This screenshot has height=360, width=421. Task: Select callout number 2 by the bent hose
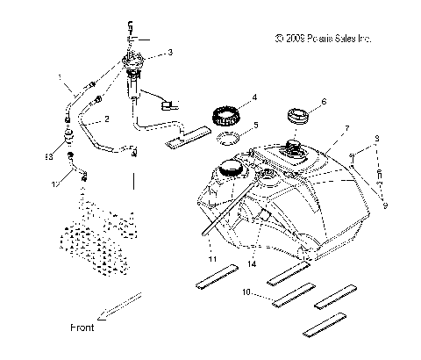(x=106, y=118)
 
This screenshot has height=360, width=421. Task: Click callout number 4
(x=254, y=96)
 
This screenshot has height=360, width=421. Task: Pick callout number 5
(x=255, y=125)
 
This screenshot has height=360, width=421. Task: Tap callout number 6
(x=324, y=102)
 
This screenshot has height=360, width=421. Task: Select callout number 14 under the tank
(x=253, y=263)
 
